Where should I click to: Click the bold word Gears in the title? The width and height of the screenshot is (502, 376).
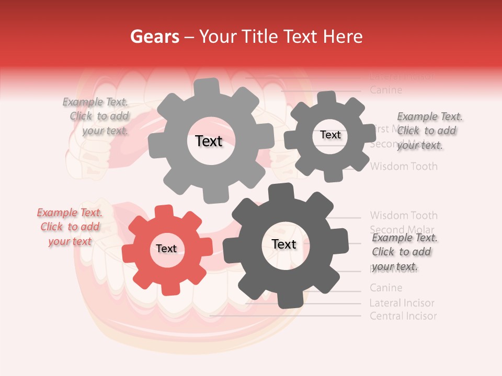[x=154, y=37]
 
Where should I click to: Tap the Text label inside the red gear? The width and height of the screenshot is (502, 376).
[x=166, y=249]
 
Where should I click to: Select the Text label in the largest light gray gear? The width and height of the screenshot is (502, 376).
[x=209, y=141]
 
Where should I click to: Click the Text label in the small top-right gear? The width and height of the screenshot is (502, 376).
[x=330, y=135]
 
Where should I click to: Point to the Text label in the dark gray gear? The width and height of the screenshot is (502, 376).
[x=284, y=244]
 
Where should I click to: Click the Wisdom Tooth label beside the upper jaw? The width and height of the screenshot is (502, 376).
[x=404, y=167]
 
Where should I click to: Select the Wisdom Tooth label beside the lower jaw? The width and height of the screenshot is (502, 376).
[x=404, y=215]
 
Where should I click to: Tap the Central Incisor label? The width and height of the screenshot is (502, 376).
[x=403, y=316]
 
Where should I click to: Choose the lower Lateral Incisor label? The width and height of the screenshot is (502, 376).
[x=402, y=303]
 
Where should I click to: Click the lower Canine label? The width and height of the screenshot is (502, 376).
[x=386, y=288]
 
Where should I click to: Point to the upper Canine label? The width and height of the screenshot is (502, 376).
[x=386, y=90]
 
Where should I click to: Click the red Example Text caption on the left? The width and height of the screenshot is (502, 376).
[x=70, y=227]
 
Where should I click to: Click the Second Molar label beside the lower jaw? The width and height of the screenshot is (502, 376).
[x=402, y=229]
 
